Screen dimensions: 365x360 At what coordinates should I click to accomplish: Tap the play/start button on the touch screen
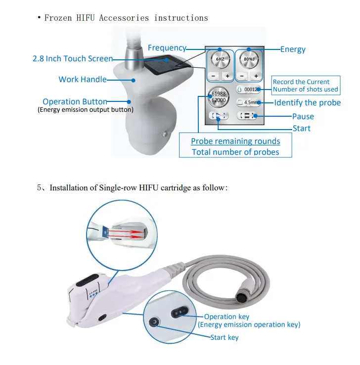(x=219, y=116)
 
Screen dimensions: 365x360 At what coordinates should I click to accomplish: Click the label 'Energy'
(x=293, y=49)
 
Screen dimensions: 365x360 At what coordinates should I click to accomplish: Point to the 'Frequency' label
(x=167, y=48)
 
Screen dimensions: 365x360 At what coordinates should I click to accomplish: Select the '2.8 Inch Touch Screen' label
(x=73, y=59)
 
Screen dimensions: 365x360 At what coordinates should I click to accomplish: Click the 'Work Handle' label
(x=82, y=79)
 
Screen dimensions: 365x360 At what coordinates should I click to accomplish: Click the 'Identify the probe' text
(x=307, y=103)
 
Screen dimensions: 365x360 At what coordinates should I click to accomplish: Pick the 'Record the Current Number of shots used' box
(x=306, y=86)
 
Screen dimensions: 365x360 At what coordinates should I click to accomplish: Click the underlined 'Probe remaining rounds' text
(x=235, y=141)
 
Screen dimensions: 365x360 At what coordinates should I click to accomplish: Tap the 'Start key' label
(x=224, y=337)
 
